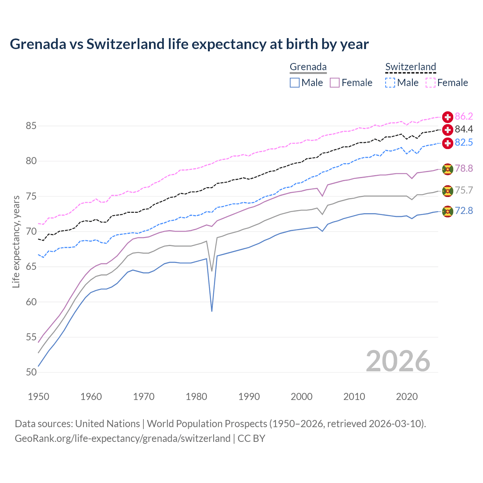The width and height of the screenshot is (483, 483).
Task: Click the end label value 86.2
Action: pyautogui.click(x=463, y=116)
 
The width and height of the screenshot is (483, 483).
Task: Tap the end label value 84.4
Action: pyautogui.click(x=463, y=129)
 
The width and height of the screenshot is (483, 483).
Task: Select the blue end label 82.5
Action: pyautogui.click(x=463, y=142)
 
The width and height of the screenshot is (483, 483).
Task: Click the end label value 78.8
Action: pyautogui.click(x=463, y=168)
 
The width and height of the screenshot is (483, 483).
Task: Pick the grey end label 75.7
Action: pyautogui.click(x=463, y=190)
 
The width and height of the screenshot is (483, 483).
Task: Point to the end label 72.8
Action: pyautogui.click(x=463, y=211)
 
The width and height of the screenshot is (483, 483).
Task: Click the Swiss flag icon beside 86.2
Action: pyautogui.click(x=448, y=117)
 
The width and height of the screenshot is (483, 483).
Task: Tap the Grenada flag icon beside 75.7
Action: pyautogui.click(x=448, y=191)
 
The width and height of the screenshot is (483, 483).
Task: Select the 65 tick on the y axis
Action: pyautogui.click(x=31, y=267)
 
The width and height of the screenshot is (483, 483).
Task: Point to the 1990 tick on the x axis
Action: pyautogui.click(x=249, y=397)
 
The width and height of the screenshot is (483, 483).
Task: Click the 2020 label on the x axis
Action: pyautogui.click(x=407, y=397)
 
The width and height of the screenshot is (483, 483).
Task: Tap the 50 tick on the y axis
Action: pyautogui.click(x=31, y=372)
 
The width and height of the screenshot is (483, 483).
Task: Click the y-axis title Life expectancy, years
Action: pyautogui.click(x=16, y=241)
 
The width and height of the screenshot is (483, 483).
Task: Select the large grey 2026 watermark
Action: pyautogui.click(x=398, y=361)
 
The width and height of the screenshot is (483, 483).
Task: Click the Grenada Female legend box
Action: pyautogui.click(x=335, y=83)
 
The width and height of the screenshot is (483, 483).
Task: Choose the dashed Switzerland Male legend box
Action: pyautogui.click(x=390, y=83)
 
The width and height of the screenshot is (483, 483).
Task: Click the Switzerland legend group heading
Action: pyautogui.click(x=411, y=67)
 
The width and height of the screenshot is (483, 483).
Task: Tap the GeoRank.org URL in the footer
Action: pyautogui.click(x=122, y=438)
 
